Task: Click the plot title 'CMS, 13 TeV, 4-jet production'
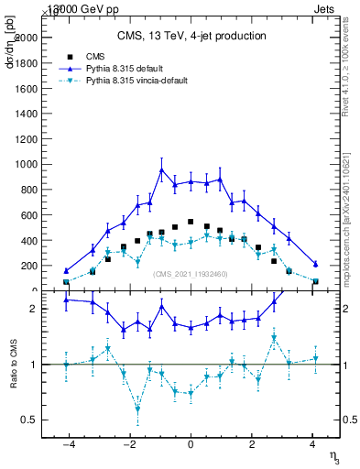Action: click(191, 36)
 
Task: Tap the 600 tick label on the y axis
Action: click(28, 215)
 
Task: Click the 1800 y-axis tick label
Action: click(26, 63)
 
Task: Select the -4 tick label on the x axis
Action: click(68, 445)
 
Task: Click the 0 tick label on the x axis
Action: click(191, 445)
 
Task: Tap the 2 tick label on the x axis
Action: click(252, 445)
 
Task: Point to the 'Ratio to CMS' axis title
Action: click(14, 365)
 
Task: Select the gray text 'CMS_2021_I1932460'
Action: click(191, 274)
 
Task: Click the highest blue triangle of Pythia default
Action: click(161, 169)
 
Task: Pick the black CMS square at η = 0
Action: click(191, 222)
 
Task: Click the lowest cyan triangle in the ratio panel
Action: click(137, 409)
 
